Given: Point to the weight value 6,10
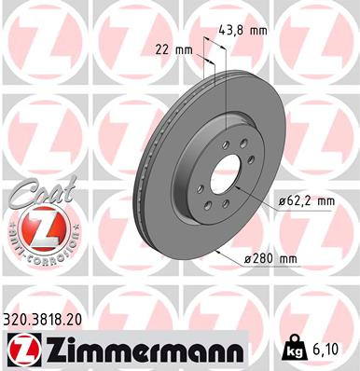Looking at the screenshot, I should click(x=325, y=350).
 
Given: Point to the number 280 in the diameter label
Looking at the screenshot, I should click(x=262, y=259).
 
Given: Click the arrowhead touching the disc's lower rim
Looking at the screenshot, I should click(x=216, y=253).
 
